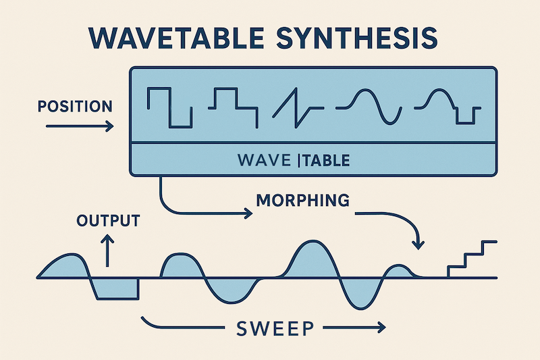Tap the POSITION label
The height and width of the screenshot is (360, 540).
pyautogui.click(x=75, y=106)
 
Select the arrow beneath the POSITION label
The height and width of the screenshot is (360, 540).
pyautogui.click(x=80, y=126)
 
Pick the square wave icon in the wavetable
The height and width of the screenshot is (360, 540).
pyautogui.click(x=169, y=107)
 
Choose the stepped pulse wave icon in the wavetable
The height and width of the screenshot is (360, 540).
pyautogui.click(x=233, y=107)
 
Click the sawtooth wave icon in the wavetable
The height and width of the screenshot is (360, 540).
pyautogui.click(x=298, y=108)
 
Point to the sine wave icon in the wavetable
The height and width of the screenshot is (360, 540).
pyautogui.click(x=369, y=107)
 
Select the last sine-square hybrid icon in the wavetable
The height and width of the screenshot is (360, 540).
pyautogui.click(x=448, y=106)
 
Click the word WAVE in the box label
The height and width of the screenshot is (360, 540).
pyautogui.click(x=264, y=161)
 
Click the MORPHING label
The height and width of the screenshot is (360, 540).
pyautogui.click(x=303, y=200)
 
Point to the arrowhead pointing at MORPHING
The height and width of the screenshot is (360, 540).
pyautogui.click(x=248, y=213)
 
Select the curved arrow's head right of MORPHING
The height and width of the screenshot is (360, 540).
pyautogui.click(x=418, y=245)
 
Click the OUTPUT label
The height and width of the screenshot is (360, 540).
pyautogui.click(x=108, y=220)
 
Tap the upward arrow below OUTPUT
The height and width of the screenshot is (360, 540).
pyautogui.click(x=107, y=251)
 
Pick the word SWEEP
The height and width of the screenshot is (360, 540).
pyautogui.click(x=275, y=328)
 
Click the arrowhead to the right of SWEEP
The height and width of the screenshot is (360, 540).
pyautogui.click(x=381, y=328)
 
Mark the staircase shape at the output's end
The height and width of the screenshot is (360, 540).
pyautogui.click(x=472, y=259)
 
